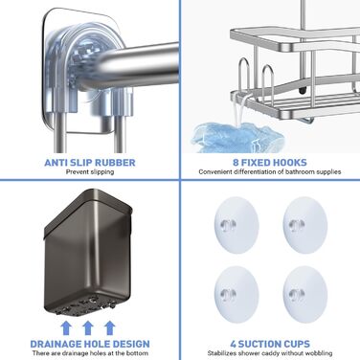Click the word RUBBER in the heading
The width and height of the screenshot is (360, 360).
[x=114, y=163]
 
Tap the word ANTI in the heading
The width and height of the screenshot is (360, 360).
[x=56, y=163]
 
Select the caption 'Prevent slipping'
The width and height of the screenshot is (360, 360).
[x=90, y=172]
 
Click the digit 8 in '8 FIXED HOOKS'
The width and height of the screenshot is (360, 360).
[x=236, y=163]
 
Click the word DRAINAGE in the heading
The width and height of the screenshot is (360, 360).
[x=56, y=344]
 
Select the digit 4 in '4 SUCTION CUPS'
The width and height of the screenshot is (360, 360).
[x=234, y=344]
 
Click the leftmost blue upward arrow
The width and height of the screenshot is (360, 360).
[x=66, y=327]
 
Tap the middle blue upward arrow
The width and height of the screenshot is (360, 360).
[x=88, y=327]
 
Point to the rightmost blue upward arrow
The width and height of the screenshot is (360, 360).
[x=109, y=327]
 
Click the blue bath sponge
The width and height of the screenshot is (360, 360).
[x=236, y=138]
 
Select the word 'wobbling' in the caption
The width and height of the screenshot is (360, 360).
[x=319, y=353]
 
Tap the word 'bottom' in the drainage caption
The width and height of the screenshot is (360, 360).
[x=138, y=353]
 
